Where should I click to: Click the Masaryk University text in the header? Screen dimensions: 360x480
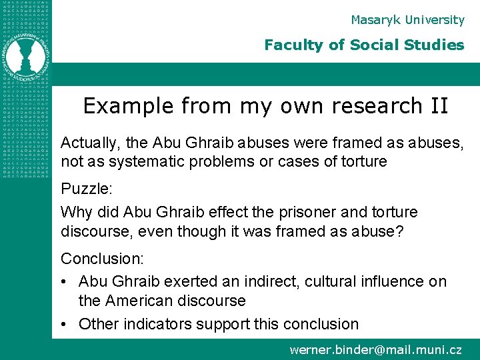407,20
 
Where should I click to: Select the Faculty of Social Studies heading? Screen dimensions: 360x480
364,45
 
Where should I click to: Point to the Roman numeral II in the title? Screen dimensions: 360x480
439,106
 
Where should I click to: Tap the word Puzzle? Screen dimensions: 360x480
85,189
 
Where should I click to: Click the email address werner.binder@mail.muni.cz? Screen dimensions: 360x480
375,349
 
